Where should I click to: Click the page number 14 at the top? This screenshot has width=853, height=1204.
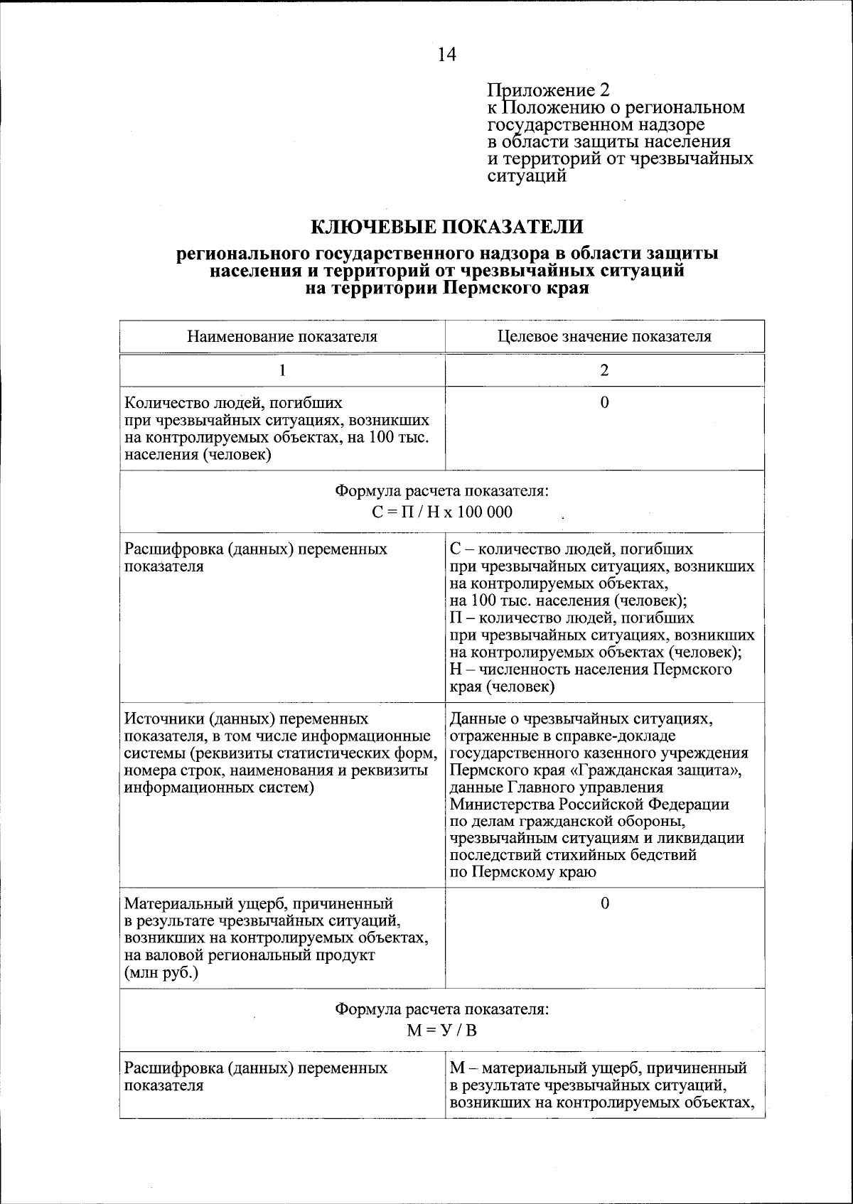446,55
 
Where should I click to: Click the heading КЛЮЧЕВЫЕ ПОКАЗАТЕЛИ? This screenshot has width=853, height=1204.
447,227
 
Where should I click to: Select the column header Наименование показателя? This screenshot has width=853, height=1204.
282,336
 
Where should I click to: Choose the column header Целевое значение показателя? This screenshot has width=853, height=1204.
604,336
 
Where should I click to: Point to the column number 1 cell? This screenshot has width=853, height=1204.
282,370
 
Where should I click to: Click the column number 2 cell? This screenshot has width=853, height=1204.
604,370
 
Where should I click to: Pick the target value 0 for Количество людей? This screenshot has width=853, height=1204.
604,403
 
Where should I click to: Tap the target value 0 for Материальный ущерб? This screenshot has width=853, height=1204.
604,904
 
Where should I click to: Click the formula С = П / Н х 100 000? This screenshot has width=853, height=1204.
442,512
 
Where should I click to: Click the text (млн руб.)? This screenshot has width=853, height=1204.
161,973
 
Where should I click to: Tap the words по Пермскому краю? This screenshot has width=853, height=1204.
523,872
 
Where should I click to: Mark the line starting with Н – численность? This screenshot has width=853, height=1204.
591,670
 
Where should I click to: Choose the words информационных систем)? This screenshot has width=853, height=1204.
219,788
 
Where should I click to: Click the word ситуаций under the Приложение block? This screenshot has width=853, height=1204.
527,176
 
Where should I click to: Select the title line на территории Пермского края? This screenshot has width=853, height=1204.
447,289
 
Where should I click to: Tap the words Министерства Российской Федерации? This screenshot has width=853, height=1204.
589,805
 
